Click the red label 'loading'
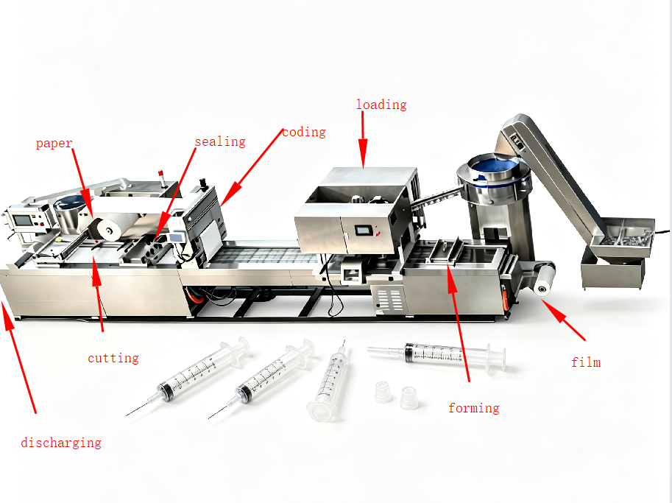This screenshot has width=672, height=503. point(381,105)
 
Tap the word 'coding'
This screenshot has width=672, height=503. point(304,132)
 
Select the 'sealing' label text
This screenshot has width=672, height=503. point(220,141)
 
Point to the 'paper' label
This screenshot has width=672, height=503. point(54,143)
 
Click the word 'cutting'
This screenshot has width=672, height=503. point(113,358)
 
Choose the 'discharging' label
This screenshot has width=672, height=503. point(61,443)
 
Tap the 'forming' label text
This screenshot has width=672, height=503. point(473,408)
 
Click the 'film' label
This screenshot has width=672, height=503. point(586,362)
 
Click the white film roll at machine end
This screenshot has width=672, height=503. point(542,280)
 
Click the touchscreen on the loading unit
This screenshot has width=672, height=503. point(364,231)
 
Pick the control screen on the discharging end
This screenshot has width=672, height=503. point(22,220)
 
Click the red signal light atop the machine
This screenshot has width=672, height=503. point(162,175)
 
